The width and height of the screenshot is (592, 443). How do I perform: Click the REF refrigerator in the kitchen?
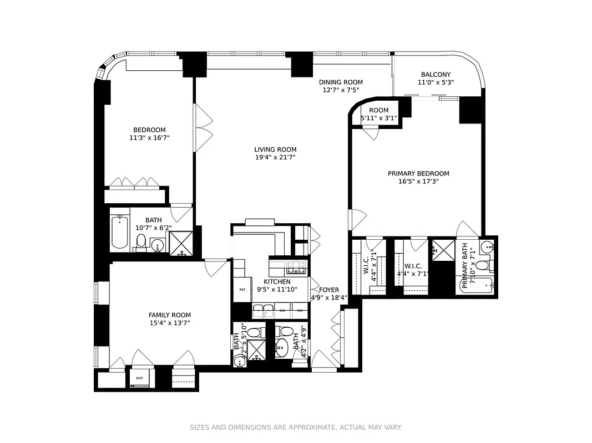[x=242, y=290]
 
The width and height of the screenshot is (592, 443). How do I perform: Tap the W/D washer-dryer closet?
[x=138, y=379]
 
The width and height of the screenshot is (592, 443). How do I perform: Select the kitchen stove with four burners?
[x=296, y=267]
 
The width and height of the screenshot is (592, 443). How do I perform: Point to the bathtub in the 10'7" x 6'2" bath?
[x=119, y=233]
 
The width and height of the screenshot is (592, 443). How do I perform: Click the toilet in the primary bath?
[x=482, y=265]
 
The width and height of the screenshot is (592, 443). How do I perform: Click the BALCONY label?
[x=436, y=74]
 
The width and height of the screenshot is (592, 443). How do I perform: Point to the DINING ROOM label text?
[x=341, y=82]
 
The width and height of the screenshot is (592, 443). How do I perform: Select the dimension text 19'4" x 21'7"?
[x=275, y=157]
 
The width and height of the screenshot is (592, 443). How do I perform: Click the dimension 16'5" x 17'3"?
[x=418, y=181]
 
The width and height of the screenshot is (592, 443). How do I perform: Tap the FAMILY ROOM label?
[x=169, y=315]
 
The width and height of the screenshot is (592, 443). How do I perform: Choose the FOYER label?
[x=329, y=289]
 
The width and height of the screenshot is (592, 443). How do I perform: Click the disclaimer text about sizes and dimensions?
[x=296, y=427]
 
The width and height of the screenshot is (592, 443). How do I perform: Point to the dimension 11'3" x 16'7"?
[x=149, y=137]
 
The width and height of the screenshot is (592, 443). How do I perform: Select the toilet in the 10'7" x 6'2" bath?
[x=141, y=241]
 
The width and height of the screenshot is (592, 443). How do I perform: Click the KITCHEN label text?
[x=277, y=281]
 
